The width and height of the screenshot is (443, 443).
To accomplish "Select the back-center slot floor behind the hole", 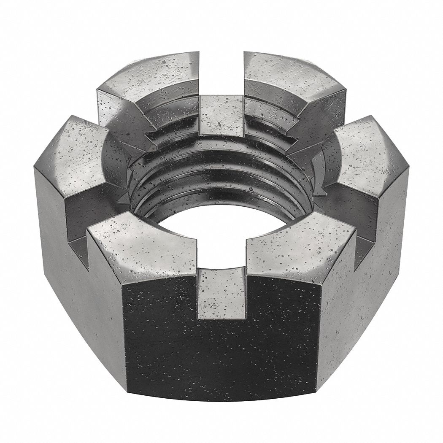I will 220,114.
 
